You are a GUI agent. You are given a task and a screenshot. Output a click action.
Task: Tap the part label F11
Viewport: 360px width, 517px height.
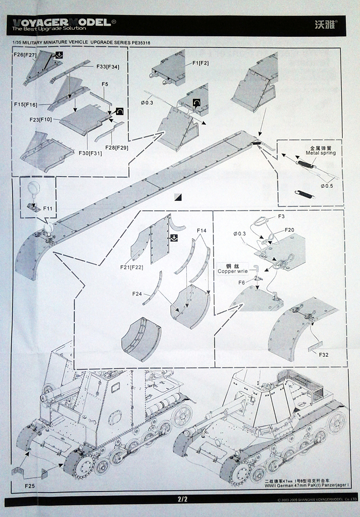pyautogui.click(x=48, y=209)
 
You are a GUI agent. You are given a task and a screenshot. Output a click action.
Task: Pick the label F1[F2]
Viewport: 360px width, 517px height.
pyautogui.click(x=201, y=63)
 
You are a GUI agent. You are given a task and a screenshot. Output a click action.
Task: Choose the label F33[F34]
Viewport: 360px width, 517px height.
pyautogui.click(x=108, y=67)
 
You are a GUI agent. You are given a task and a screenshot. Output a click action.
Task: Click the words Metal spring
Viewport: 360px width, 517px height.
pyautogui.click(x=320, y=153)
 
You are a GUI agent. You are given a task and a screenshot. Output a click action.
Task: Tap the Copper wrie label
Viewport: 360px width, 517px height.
pyautogui.click(x=234, y=271)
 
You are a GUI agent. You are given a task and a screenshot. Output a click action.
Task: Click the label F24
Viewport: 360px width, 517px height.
pyautogui.click(x=138, y=294)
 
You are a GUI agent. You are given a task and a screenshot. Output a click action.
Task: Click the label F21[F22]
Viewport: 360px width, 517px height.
pyautogui.click(x=132, y=267)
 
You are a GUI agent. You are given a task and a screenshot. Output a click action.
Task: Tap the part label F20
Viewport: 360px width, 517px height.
pyautogui.click(x=289, y=230)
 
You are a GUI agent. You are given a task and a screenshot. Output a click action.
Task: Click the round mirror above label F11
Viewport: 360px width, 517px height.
pyautogui.click(x=35, y=189)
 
